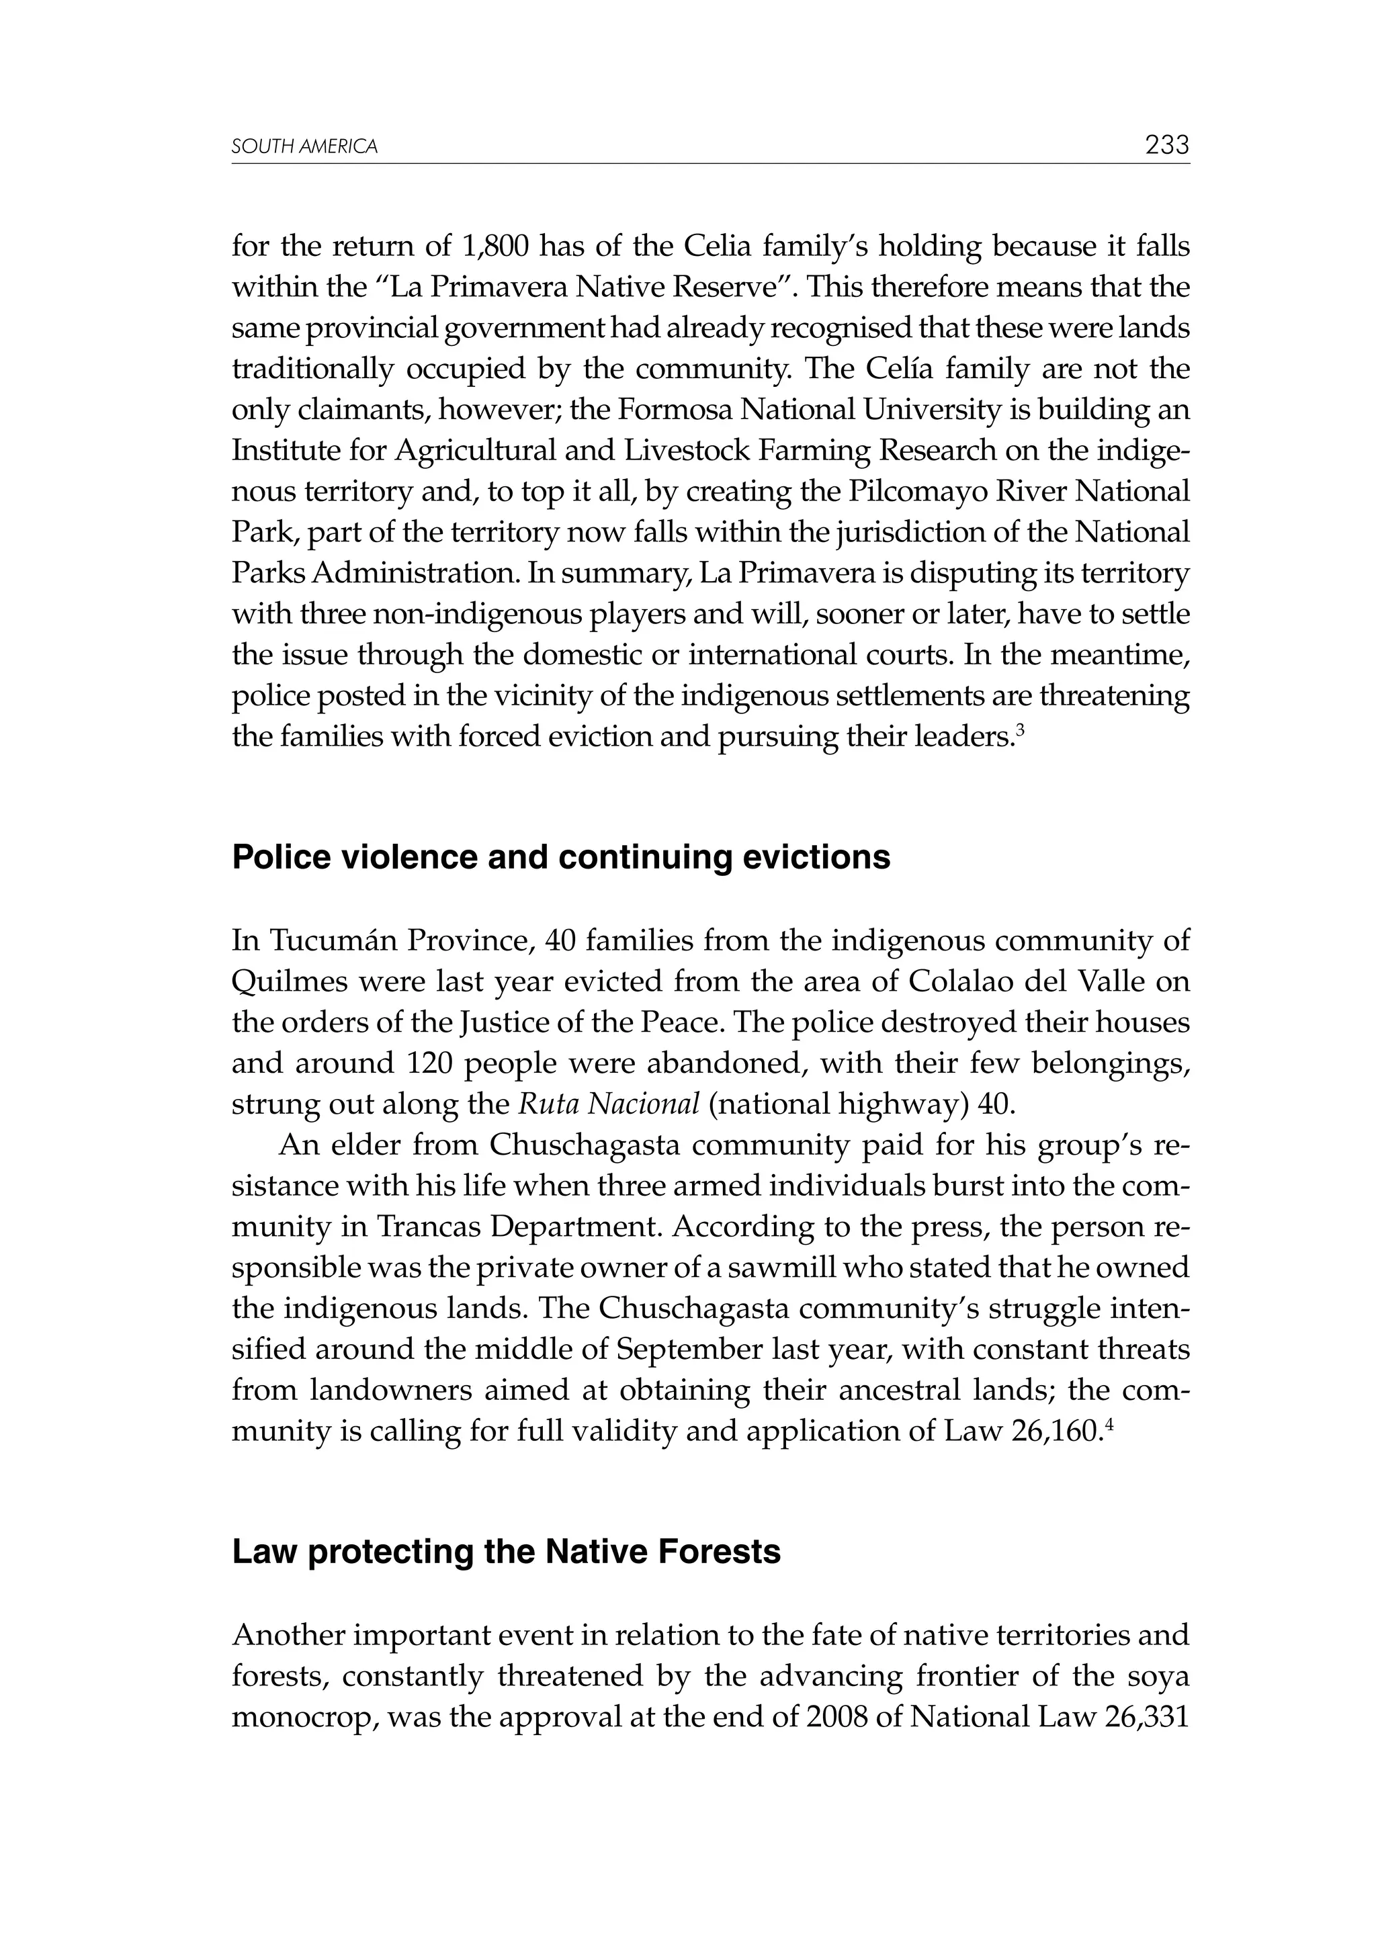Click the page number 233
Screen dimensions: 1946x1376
[x=1166, y=146]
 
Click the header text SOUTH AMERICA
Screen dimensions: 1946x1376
[x=304, y=148]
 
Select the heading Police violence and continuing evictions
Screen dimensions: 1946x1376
[x=560, y=858]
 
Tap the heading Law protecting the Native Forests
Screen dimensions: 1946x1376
[x=506, y=1552]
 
